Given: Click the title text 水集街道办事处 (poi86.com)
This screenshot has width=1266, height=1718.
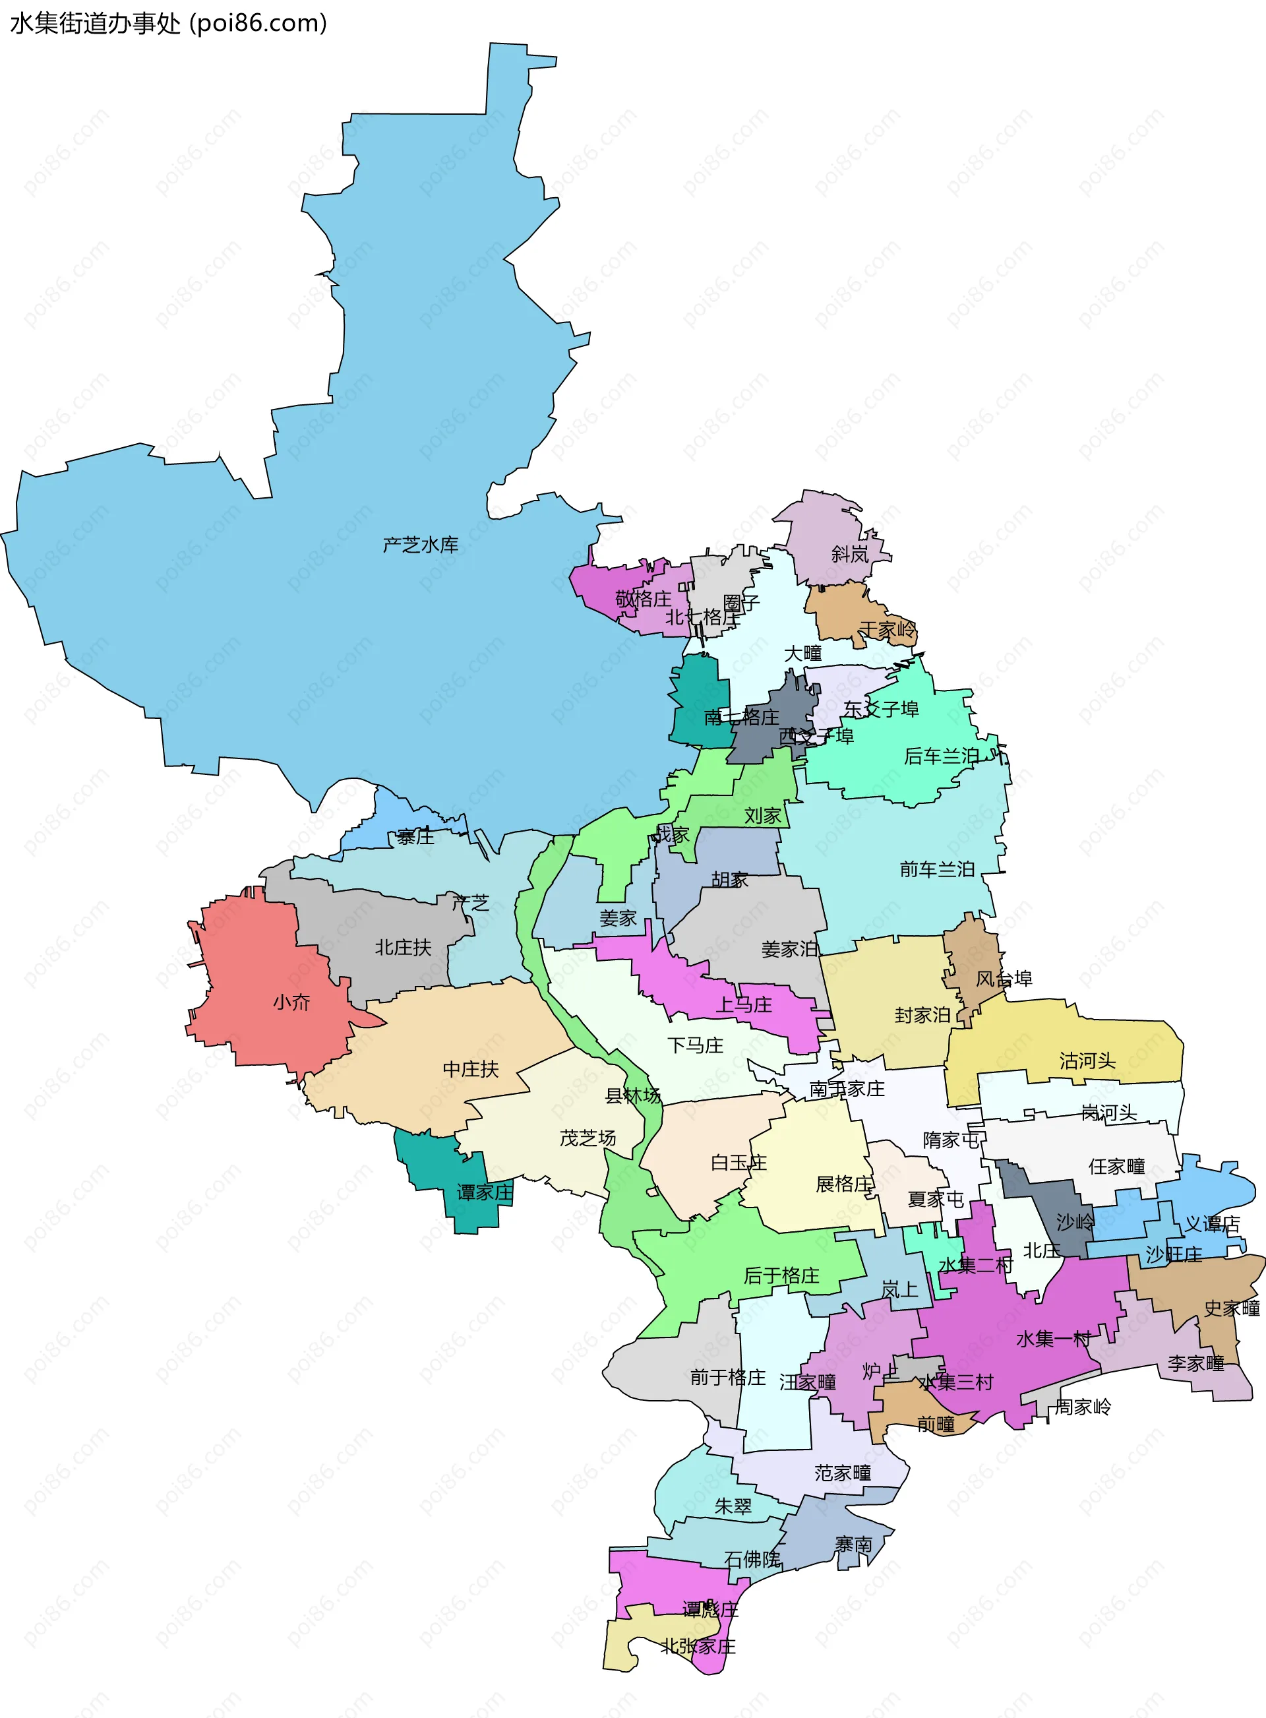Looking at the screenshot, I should [169, 23].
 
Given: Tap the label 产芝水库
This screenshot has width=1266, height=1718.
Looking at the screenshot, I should [420, 545].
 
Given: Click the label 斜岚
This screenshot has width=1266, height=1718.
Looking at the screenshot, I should [850, 554].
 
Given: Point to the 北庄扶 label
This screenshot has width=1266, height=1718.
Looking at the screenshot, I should [403, 948].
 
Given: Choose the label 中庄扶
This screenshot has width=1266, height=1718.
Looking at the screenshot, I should [471, 1069].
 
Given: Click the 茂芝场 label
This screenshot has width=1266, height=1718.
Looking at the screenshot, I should [588, 1139].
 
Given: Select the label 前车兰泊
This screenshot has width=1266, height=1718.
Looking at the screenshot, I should [936, 870].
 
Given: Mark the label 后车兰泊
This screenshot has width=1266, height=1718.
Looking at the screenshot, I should [941, 757].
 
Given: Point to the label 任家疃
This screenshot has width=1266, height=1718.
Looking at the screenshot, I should [1116, 1166].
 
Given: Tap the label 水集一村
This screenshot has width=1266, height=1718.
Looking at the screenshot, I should [1053, 1339].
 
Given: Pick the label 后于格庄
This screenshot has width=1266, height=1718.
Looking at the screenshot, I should [781, 1276].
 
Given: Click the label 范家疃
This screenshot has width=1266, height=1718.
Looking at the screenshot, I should [842, 1473].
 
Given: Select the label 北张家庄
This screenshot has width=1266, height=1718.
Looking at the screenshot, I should [698, 1647].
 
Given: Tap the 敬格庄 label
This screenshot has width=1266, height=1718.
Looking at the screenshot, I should [643, 599].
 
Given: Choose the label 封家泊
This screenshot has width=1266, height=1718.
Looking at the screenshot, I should [922, 1016].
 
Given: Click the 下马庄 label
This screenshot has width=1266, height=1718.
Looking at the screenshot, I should [695, 1046].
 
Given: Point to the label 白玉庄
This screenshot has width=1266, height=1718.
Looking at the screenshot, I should [738, 1163].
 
